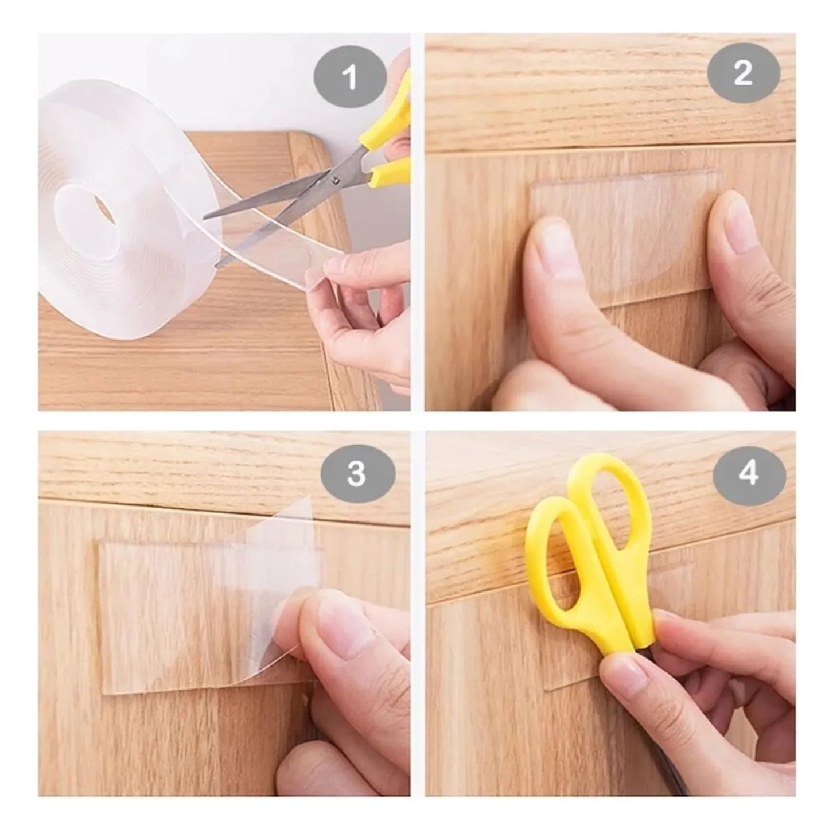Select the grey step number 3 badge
point(357,474)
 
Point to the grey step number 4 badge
point(749,474)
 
